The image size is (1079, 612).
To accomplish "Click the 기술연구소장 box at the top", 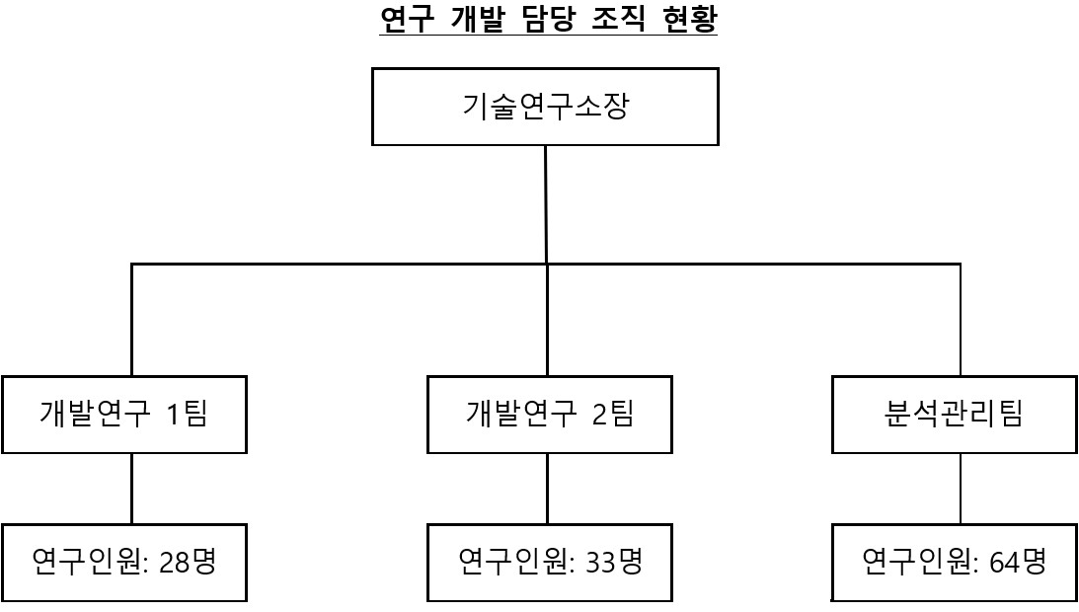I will click(x=545, y=107).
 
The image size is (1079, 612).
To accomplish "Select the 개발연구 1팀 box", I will click(x=124, y=415).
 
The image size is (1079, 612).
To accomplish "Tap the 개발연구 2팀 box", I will click(x=549, y=415).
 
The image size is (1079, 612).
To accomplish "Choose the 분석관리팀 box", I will click(x=954, y=415).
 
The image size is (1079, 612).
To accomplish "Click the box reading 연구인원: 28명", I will click(x=124, y=563).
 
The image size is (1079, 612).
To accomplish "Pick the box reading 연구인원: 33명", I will click(x=549, y=563).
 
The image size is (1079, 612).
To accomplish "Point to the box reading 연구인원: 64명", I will click(x=954, y=563).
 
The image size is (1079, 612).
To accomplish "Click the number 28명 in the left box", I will click(x=187, y=563).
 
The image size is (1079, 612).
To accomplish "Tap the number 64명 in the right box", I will click(x=1017, y=563).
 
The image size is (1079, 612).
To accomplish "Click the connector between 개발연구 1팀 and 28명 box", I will click(x=131, y=489).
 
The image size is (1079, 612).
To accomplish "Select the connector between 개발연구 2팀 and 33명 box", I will click(x=547, y=489).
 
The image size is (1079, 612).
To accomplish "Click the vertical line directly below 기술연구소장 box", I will click(x=546, y=203).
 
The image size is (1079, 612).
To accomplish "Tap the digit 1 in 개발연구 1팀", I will click(x=174, y=415).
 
